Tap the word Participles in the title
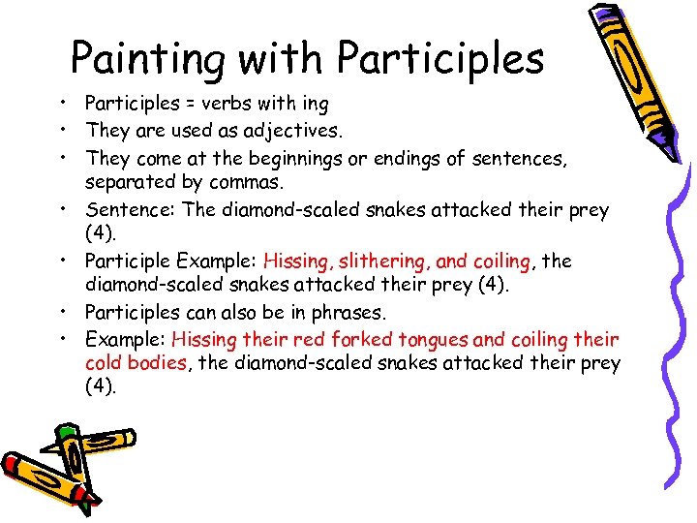[x=440, y=60]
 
